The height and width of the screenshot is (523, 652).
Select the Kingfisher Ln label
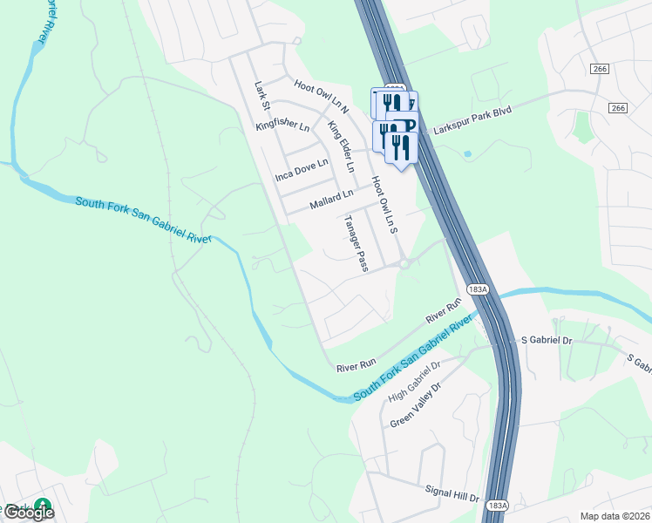(x=282, y=127)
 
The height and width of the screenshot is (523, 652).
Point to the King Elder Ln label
(x=342, y=146)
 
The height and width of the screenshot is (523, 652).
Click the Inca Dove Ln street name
(x=302, y=169)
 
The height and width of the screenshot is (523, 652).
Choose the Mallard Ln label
(x=332, y=200)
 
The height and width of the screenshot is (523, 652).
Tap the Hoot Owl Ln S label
(x=384, y=206)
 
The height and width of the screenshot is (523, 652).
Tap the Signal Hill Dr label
(x=453, y=494)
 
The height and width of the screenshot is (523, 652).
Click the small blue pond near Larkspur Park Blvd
(x=467, y=153)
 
